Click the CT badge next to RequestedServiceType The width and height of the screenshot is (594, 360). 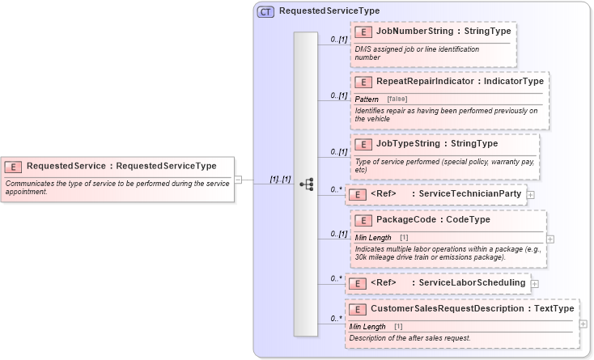(x=265, y=11)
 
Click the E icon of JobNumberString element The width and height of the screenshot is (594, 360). (x=364, y=32)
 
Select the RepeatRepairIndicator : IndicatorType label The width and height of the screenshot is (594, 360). (x=460, y=81)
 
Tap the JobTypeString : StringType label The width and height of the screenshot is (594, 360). (x=437, y=144)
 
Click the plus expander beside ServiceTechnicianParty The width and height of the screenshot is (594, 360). (x=530, y=194)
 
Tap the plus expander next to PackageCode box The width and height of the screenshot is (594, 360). (x=550, y=239)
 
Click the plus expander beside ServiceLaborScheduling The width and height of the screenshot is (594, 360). (x=534, y=283)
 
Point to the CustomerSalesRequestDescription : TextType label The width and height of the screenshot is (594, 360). (x=472, y=308)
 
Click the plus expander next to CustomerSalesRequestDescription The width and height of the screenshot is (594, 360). (x=583, y=324)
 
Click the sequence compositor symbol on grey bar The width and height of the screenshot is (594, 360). (x=306, y=184)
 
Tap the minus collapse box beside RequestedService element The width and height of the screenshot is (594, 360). (x=239, y=179)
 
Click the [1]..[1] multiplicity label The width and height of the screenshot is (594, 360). (x=280, y=179)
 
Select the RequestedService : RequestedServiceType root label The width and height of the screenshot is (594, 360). (x=121, y=166)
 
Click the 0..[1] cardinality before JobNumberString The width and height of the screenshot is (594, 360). (x=338, y=39)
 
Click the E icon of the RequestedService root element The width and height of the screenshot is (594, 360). (x=13, y=167)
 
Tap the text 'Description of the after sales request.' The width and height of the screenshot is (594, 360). (x=409, y=337)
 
